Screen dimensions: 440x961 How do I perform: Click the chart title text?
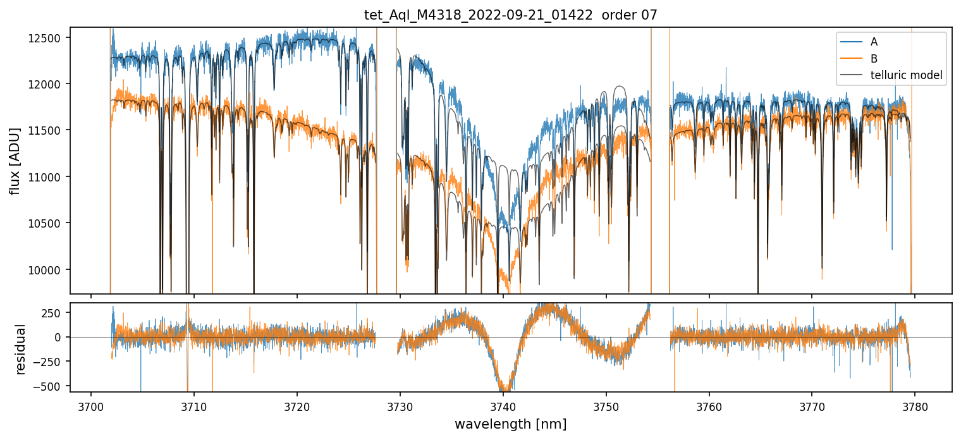tap(510, 15)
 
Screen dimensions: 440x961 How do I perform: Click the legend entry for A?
tap(874, 42)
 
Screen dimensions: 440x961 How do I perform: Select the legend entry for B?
tap(874, 59)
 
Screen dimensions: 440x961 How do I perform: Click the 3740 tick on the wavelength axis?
tap(503, 405)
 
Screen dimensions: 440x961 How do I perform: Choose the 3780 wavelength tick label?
tap(915, 405)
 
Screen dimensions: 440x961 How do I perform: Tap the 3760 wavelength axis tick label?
tap(709, 405)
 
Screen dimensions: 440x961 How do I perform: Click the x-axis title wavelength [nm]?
tap(510, 424)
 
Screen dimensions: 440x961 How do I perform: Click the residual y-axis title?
tap(21, 348)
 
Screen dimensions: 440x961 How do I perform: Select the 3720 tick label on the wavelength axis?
tap(297, 405)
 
